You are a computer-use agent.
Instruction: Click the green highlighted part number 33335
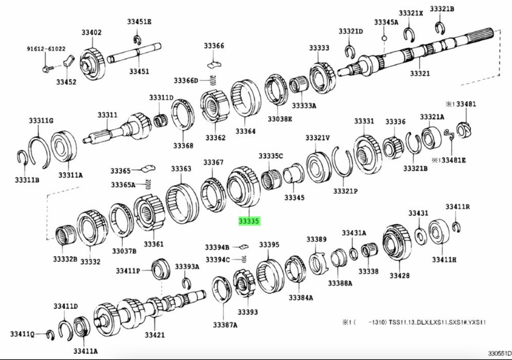click(249, 221)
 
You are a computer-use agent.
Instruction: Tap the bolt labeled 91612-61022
click(46, 69)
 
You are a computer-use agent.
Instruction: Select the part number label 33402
click(91, 32)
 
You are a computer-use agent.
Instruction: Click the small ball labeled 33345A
click(384, 38)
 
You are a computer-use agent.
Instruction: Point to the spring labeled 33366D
click(213, 80)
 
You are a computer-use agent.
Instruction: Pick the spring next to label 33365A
click(148, 184)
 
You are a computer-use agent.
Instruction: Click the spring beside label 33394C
click(244, 260)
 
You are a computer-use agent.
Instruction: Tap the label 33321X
click(410, 13)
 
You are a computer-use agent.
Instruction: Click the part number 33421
click(155, 335)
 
